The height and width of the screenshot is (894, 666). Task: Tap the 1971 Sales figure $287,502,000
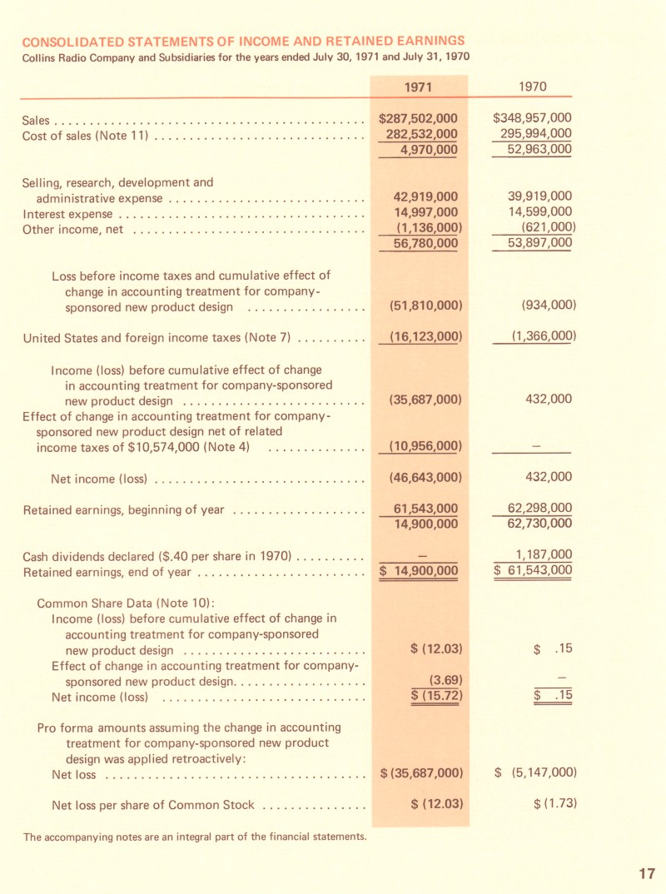tap(418, 118)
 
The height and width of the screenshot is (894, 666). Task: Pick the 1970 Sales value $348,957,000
tap(533, 118)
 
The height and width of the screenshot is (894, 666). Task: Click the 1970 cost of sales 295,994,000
tap(535, 134)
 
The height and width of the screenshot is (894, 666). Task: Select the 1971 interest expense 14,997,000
tap(425, 212)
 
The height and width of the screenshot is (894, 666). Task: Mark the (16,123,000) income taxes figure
tap(425, 337)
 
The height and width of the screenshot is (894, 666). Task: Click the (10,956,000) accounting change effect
tap(425, 447)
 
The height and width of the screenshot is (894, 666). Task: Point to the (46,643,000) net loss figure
tap(425, 477)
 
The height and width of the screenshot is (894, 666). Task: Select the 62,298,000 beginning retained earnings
tap(539, 509)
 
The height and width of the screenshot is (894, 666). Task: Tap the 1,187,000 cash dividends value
tap(544, 554)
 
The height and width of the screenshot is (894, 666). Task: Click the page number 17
tap(647, 873)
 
